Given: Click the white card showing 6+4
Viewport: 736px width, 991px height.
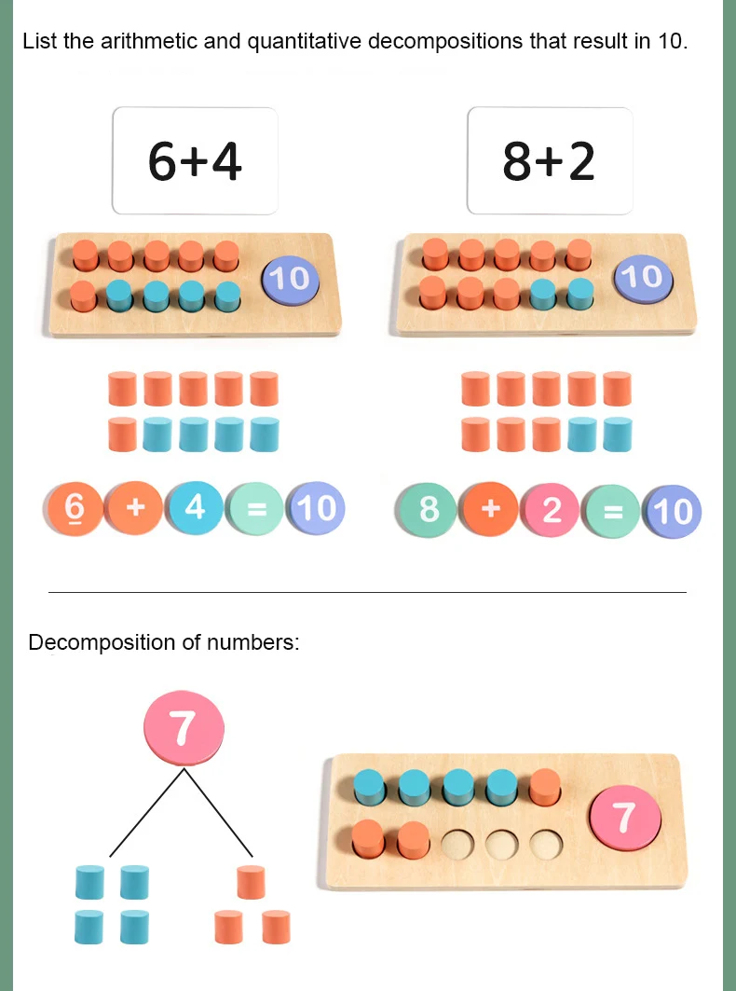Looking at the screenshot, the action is (195, 160).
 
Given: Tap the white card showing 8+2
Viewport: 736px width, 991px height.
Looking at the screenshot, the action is (549, 160).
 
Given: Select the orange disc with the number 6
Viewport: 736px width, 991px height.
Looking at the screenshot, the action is (75, 507).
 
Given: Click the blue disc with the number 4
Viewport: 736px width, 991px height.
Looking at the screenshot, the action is (195, 507).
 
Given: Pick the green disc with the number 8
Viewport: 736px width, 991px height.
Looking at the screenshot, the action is (429, 510).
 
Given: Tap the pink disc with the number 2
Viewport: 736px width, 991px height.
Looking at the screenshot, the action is (552, 510).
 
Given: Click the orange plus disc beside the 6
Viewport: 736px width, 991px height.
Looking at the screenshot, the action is (135, 508).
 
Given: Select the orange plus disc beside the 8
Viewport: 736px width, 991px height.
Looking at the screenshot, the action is (491, 509).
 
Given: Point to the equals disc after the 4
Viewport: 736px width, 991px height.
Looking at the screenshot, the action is (255, 509).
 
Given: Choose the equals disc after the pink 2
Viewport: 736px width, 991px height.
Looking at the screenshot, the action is (611, 511).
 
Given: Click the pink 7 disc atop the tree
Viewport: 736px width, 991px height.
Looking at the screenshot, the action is (184, 728).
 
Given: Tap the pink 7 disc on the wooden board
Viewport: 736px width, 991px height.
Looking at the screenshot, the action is (624, 819).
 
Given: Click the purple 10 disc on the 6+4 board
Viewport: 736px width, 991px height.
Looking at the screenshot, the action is (290, 278).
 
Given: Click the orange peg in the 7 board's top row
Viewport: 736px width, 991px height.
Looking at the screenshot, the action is (545, 788).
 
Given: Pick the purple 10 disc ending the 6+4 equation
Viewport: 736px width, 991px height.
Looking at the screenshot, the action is (316, 508).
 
